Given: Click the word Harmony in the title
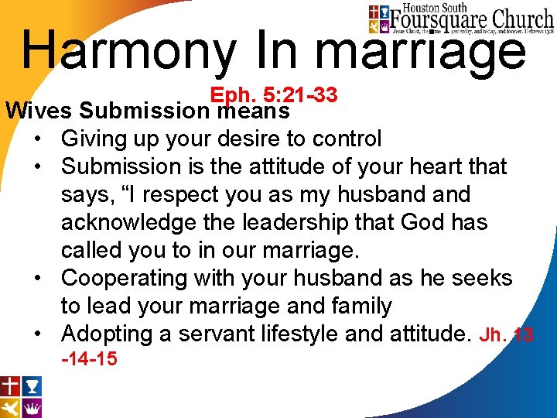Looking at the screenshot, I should tap(128, 51).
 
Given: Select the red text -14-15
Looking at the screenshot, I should tap(89, 358).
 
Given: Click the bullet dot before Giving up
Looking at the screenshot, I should tap(38, 140).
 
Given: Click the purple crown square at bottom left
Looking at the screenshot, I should tap(32, 407).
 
